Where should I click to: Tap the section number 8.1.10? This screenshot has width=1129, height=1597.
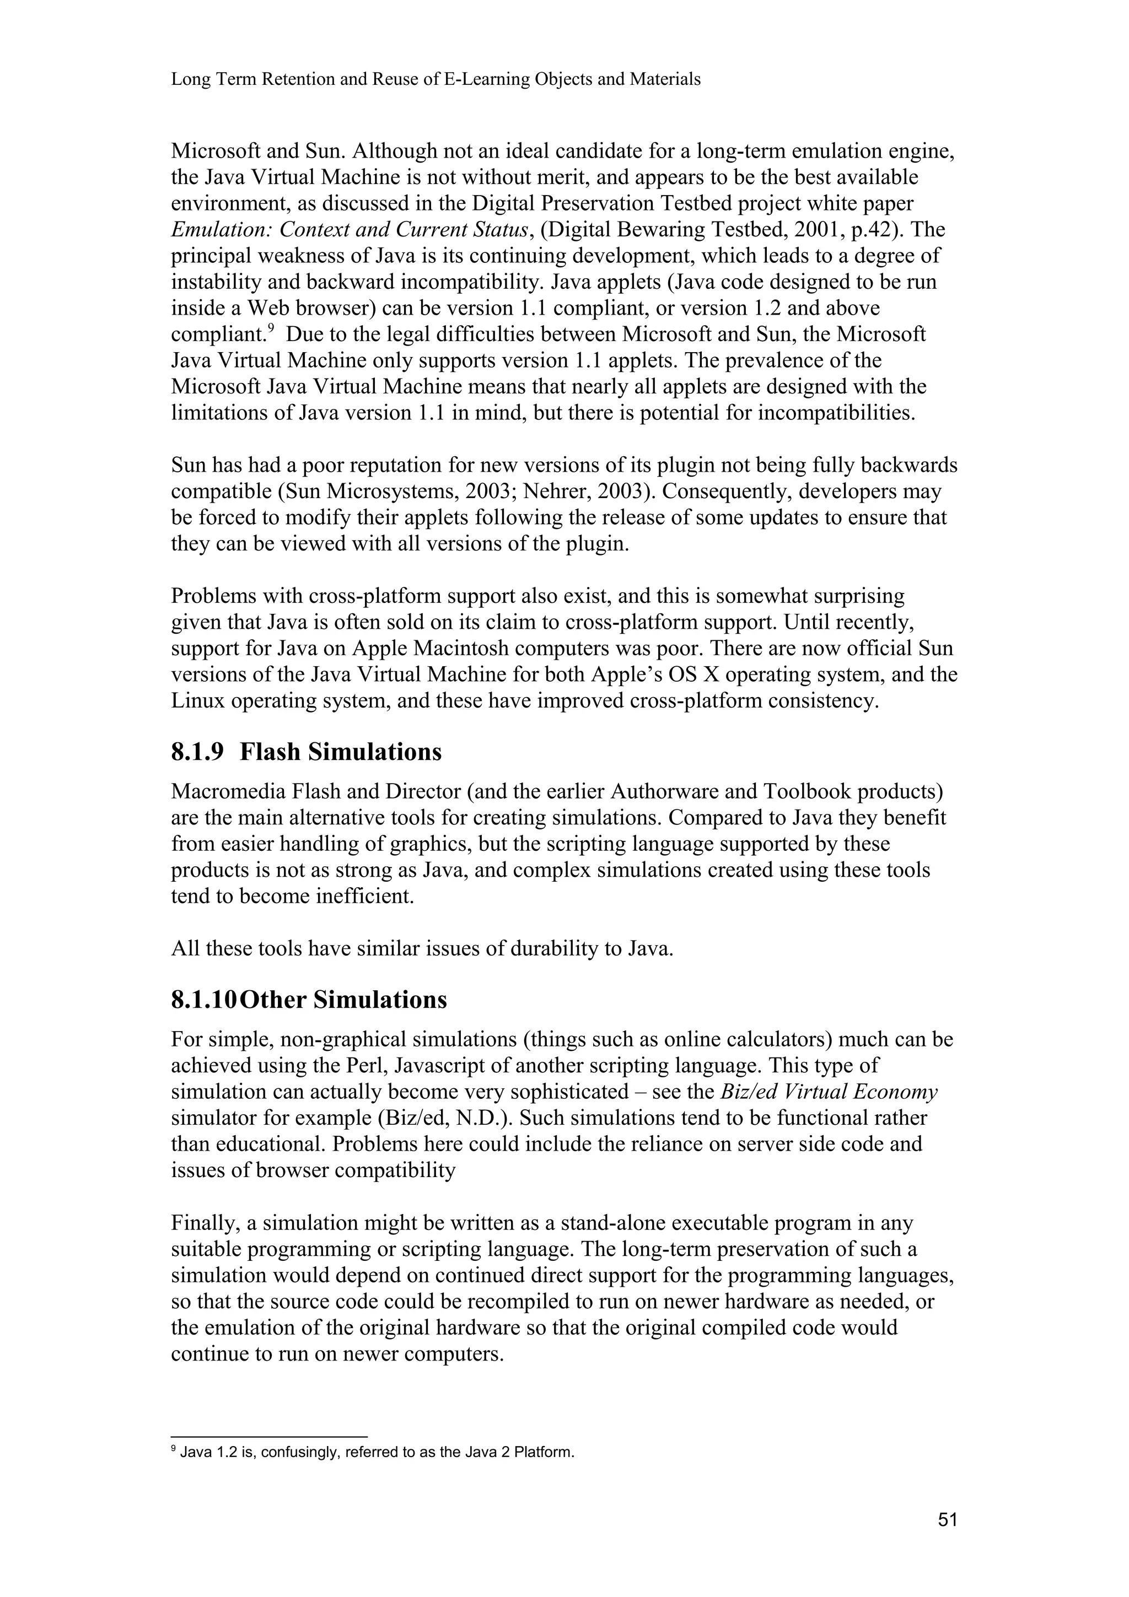tap(205, 1000)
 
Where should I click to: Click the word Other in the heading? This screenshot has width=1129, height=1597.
tap(273, 1000)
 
